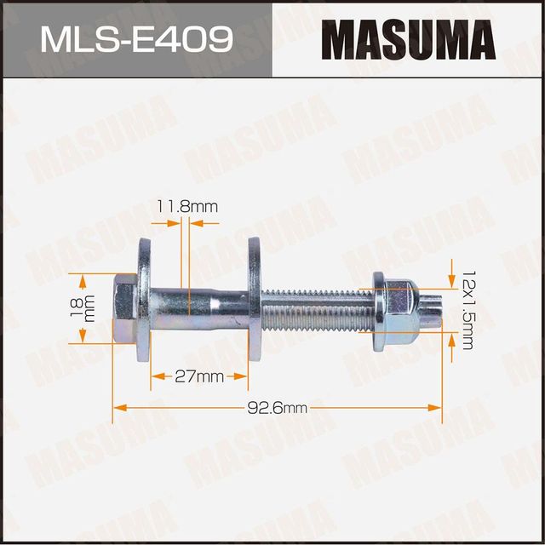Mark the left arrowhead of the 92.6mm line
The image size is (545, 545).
pos(118,408)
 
